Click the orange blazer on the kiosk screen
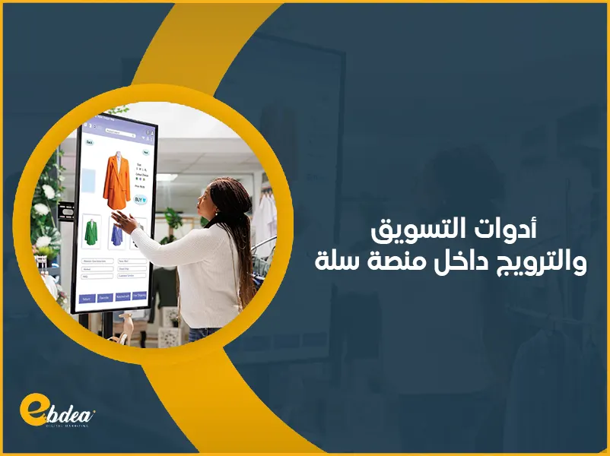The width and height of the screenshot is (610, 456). [x=116, y=180]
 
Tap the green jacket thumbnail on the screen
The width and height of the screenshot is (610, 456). [x=91, y=232]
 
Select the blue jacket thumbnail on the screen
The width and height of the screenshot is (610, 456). [x=116, y=234]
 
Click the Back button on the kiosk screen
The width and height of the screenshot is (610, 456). [x=89, y=142]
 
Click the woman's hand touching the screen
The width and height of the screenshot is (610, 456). [x=125, y=221]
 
